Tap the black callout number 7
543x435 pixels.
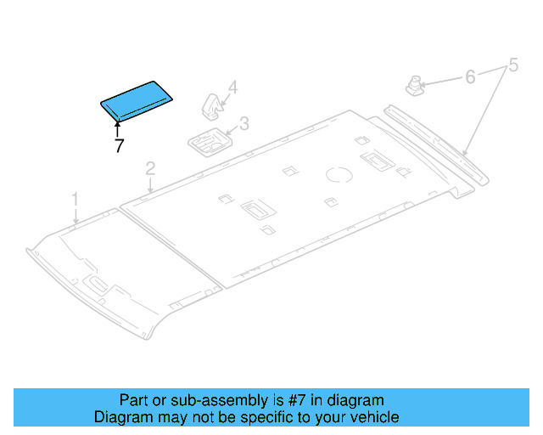point(119,145)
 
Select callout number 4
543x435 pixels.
point(232,87)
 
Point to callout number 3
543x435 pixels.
point(244,124)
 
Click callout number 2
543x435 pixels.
point(149,169)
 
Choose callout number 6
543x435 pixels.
point(469,77)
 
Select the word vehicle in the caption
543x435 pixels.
point(374,417)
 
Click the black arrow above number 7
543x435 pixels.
point(118,127)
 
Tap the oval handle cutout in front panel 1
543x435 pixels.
point(97,284)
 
